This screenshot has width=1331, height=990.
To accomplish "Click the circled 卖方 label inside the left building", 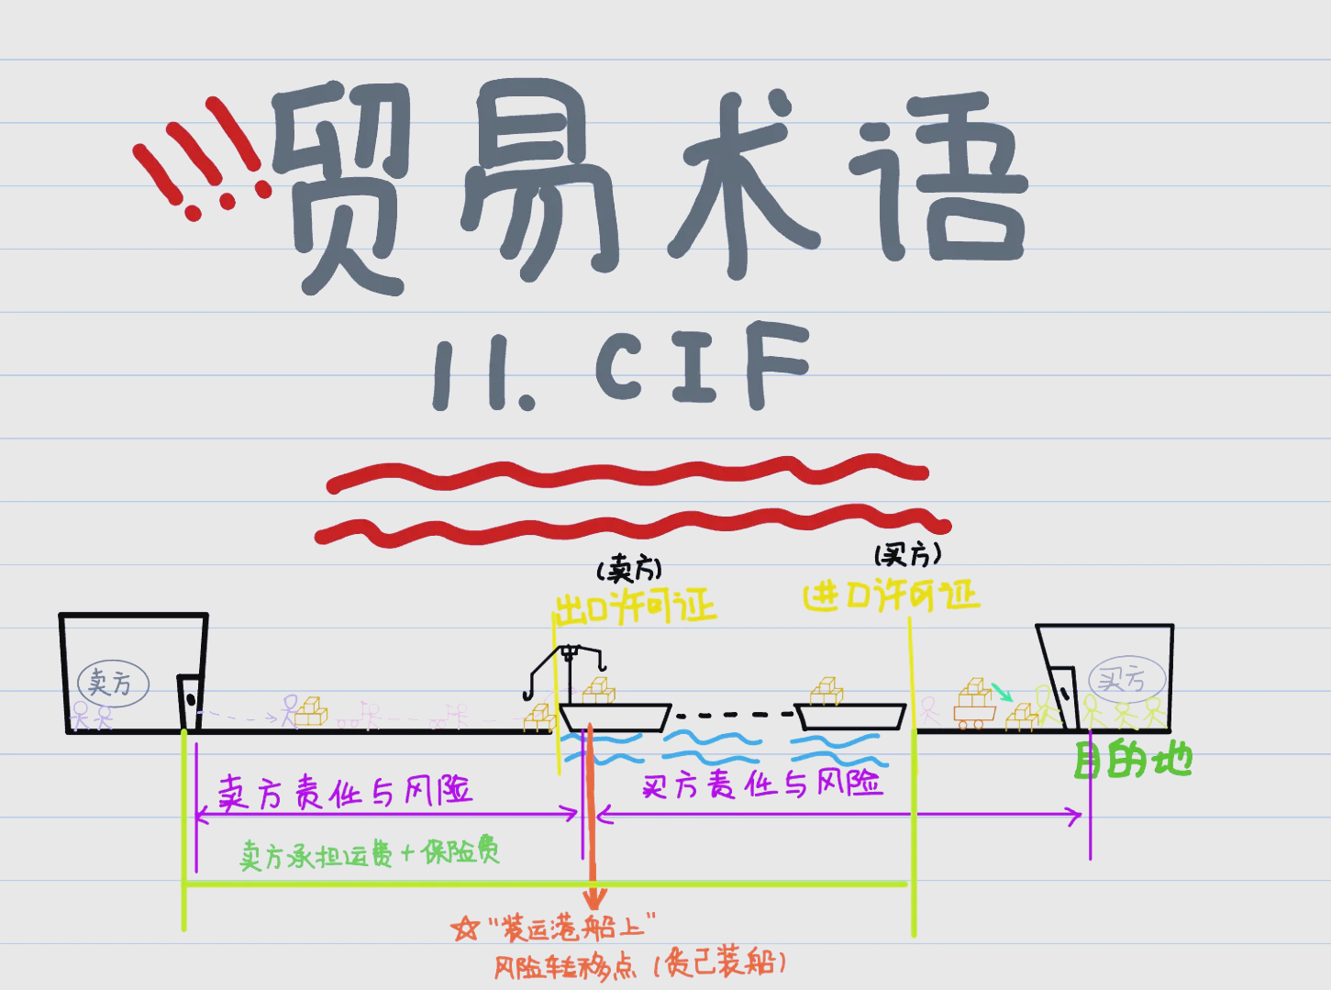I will point(113,684).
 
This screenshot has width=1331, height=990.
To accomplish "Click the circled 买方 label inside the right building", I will point(1126,680).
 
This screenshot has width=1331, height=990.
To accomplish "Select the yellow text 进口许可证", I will point(891,596).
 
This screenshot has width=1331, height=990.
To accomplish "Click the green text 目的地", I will point(1132,761).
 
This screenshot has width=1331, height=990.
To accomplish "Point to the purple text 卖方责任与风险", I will point(344,791).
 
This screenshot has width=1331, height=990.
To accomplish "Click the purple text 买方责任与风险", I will point(761,784).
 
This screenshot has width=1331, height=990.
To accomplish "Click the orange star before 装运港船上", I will point(465,929).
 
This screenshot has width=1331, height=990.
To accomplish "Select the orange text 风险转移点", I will point(565,967).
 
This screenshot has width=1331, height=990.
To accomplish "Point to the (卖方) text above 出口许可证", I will point(629,570).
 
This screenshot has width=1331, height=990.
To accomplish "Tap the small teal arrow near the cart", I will point(1002,691).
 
